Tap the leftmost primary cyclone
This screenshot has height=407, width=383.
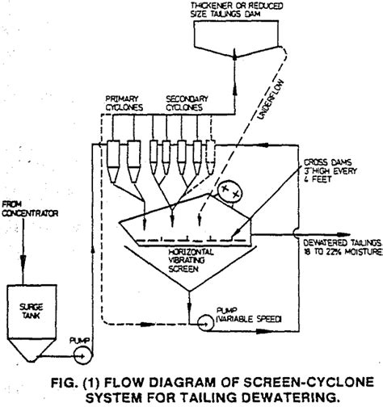click(x=113, y=159)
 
